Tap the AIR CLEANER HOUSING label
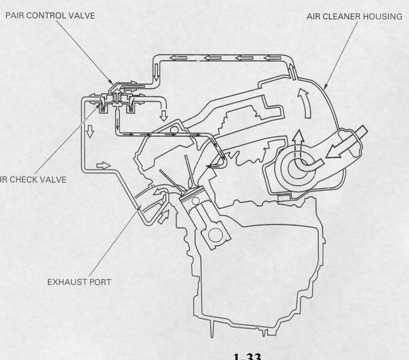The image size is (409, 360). [x=358, y=16]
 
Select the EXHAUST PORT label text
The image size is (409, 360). [x=79, y=281]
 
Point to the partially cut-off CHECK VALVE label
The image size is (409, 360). [x=33, y=180]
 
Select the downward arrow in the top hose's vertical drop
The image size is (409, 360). [x=164, y=114]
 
